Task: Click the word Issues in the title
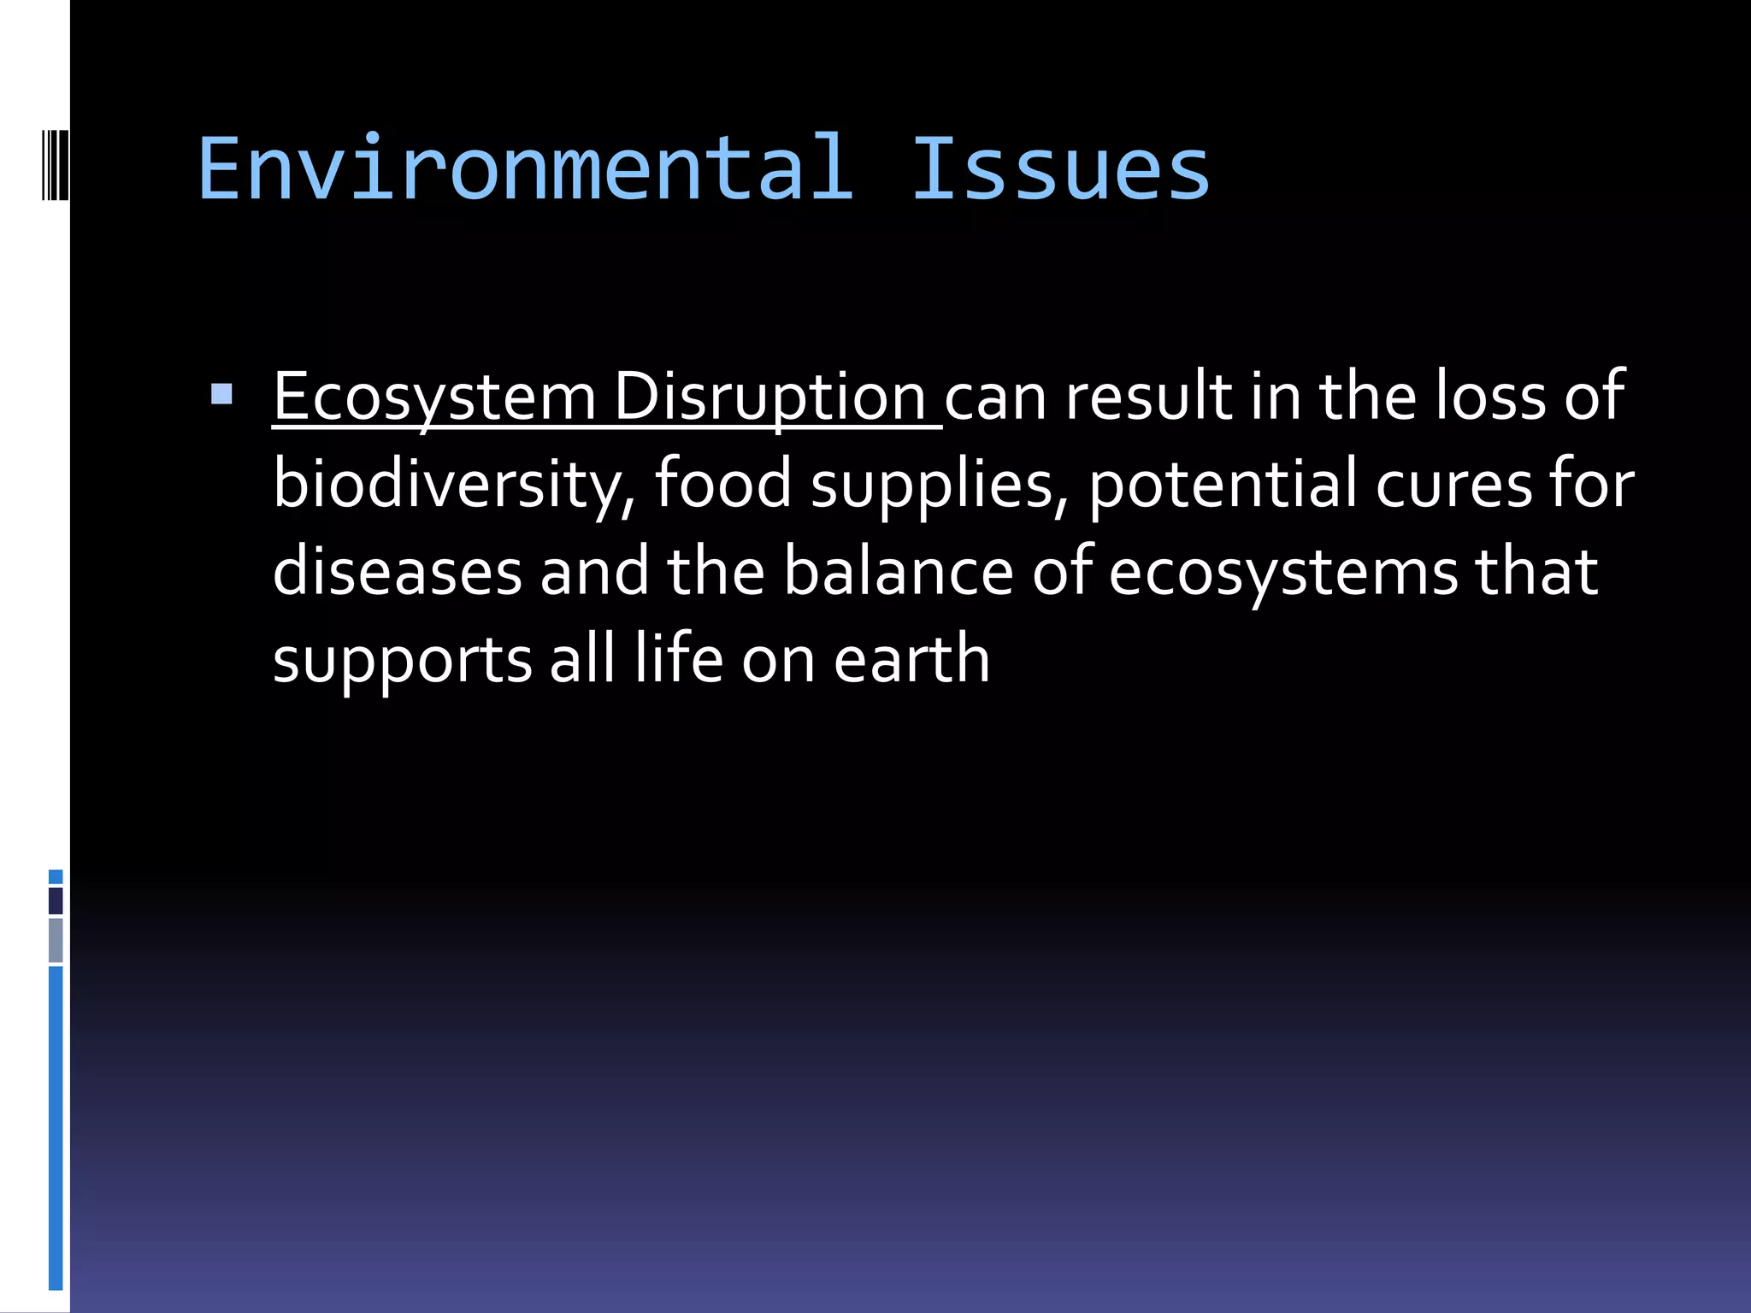click(x=1060, y=169)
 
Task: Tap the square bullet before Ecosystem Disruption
click(x=221, y=394)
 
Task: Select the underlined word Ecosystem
click(x=434, y=397)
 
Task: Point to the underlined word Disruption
click(x=769, y=397)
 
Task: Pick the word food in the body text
click(x=723, y=484)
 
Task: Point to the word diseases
click(x=398, y=572)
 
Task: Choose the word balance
click(x=899, y=572)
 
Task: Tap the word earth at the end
click(x=911, y=659)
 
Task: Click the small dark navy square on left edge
click(x=56, y=900)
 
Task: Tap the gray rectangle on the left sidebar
click(x=56, y=939)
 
